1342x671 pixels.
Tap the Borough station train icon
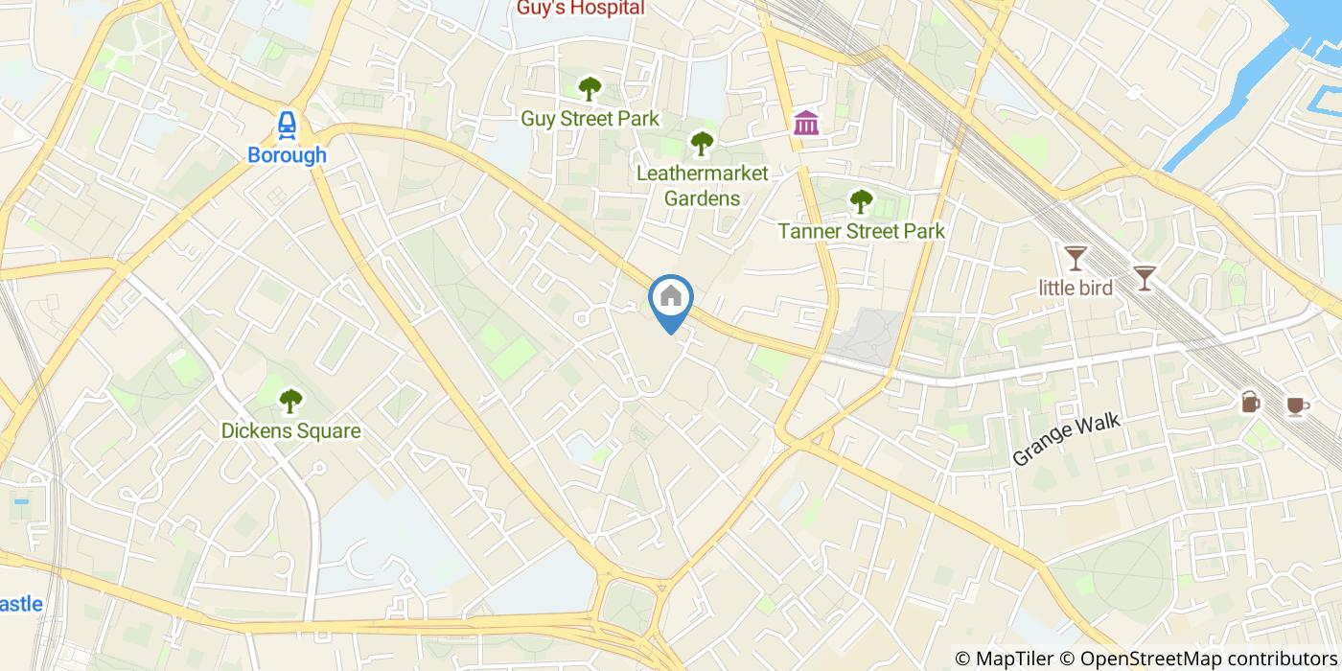click(287, 125)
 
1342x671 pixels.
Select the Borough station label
click(287, 155)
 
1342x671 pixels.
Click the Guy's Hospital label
click(580, 9)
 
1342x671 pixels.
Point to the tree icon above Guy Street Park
click(590, 89)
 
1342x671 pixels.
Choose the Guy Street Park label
click(590, 119)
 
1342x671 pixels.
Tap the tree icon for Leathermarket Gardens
click(702, 144)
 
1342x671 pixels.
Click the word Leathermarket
click(703, 174)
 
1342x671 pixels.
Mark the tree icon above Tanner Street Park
click(861, 201)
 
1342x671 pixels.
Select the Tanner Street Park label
click(861, 231)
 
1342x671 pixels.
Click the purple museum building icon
click(806, 123)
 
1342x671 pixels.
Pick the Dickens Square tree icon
click(290, 401)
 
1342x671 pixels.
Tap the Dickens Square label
click(290, 431)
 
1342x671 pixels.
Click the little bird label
click(1076, 288)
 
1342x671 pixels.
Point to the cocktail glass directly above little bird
click(1076, 258)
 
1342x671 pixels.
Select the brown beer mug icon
click(1251, 402)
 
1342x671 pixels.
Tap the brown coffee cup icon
click(1297, 405)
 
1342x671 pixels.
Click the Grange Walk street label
click(1066, 440)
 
